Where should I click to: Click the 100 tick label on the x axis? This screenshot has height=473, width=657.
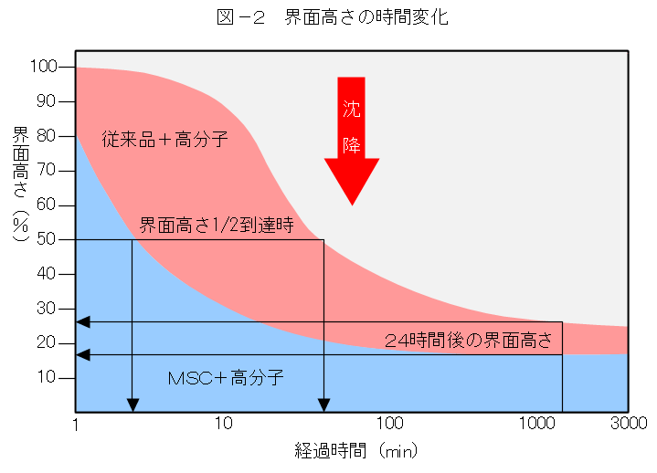(390, 425)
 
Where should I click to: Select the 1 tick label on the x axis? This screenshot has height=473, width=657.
(76, 425)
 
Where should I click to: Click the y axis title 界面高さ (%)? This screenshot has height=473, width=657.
(21, 183)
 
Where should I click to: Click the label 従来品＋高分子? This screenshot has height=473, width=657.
(165, 140)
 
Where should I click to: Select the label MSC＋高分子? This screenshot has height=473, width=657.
(226, 377)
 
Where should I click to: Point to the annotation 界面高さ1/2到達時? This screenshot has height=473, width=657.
(216, 225)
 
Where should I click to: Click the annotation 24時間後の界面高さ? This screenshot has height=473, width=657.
(469, 342)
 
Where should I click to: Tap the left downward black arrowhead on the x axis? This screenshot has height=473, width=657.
(132, 405)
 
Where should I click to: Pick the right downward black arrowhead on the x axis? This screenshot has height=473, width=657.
(323, 405)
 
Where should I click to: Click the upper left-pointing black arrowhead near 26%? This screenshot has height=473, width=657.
(82, 321)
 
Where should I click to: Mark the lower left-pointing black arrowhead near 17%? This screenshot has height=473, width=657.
(82, 355)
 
